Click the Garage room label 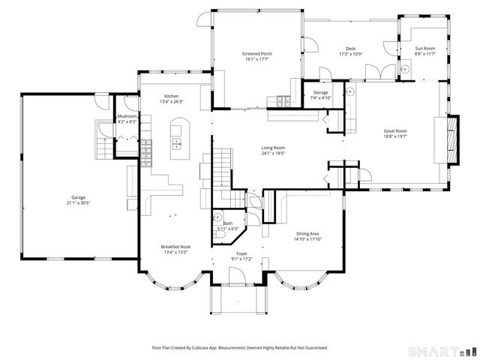pos(78,197)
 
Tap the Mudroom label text pos(127,117)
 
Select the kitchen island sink pos(178,139)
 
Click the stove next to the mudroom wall pos(148,143)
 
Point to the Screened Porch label pos(256,54)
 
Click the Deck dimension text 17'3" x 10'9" pos(350,54)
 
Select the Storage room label pos(320,92)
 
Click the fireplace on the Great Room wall pos(450,136)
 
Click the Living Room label pos(274,148)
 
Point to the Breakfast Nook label pos(175,247)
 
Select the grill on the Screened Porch pos(283,100)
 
